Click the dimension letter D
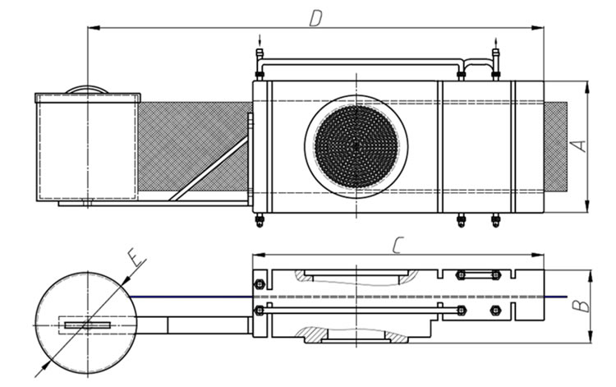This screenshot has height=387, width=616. (315, 17)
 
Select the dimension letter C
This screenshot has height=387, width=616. (397, 244)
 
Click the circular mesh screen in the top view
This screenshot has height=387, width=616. (356, 143)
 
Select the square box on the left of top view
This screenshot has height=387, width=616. (86, 148)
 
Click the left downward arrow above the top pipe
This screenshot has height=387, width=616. (260, 40)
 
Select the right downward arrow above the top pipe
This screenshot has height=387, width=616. (495, 40)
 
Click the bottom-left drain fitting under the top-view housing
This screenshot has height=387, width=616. (260, 219)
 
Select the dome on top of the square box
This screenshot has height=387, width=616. (86, 89)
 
